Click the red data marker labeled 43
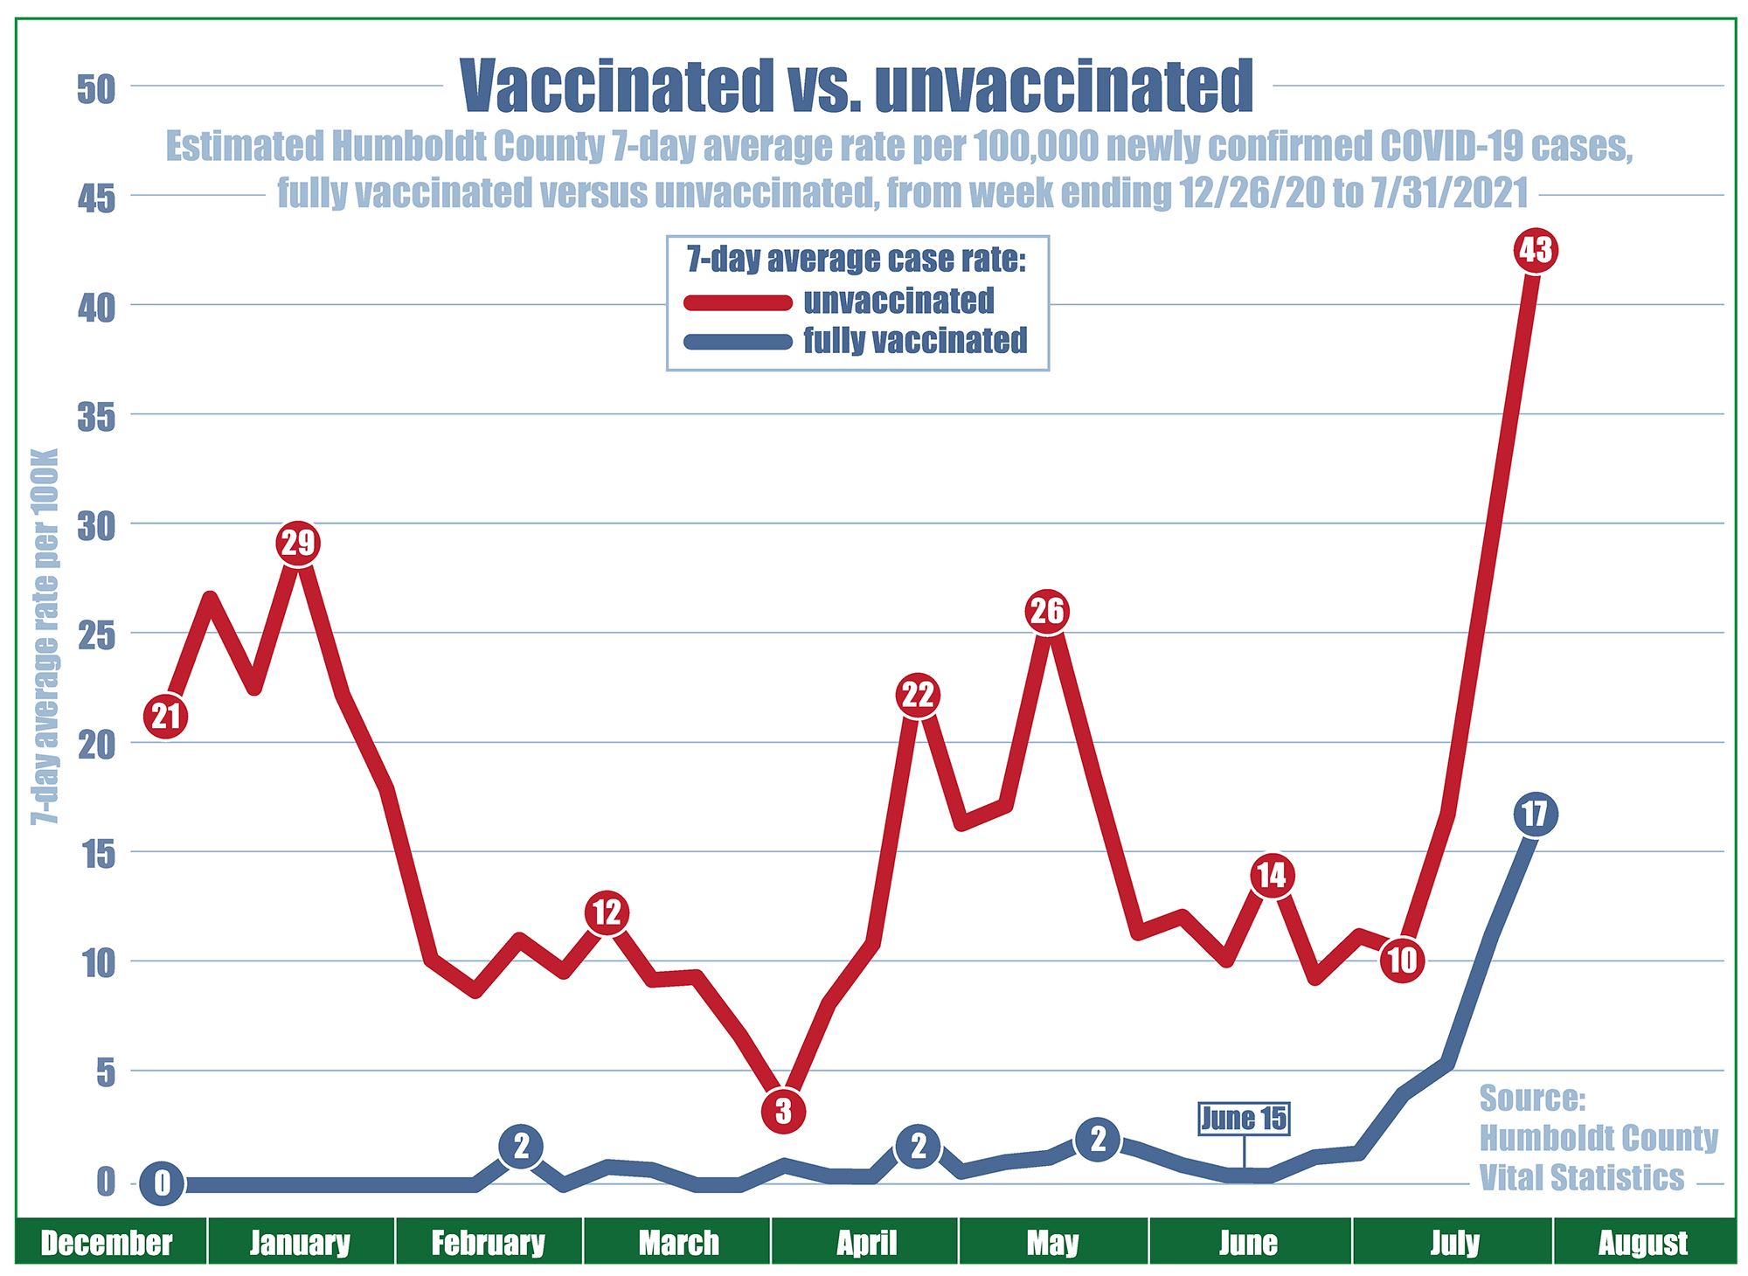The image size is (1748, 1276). (x=1536, y=251)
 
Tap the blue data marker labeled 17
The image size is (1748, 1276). (x=1535, y=815)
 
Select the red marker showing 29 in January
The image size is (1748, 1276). (x=298, y=544)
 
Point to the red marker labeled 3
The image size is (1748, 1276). (x=783, y=1111)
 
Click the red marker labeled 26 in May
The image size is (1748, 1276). (x=1047, y=611)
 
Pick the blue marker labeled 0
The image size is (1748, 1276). (x=162, y=1184)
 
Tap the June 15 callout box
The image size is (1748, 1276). (x=1244, y=1119)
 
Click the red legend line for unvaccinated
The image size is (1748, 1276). (x=738, y=302)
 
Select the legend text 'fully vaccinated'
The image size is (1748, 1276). (x=915, y=341)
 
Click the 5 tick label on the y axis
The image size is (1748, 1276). (x=106, y=1073)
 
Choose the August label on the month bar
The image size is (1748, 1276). (x=1643, y=1243)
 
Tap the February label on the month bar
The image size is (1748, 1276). (x=488, y=1243)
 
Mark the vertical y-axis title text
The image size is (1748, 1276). (x=45, y=636)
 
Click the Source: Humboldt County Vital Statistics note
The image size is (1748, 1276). (x=1598, y=1138)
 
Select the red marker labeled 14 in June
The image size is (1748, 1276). (x=1272, y=875)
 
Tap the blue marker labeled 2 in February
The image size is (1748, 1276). (x=521, y=1146)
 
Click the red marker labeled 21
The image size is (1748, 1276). (x=166, y=717)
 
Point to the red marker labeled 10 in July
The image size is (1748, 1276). (x=1402, y=960)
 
